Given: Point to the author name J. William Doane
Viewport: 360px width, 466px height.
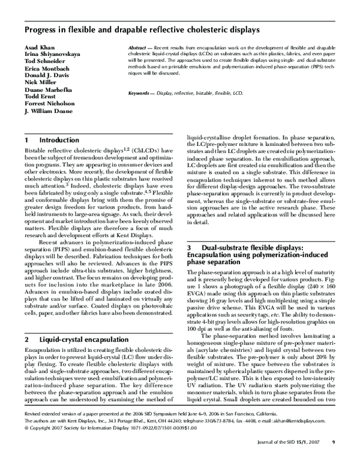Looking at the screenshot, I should pyautogui.click(x=48, y=111).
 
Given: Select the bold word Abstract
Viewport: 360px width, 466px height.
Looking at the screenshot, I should pyautogui.click(x=139, y=47).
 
